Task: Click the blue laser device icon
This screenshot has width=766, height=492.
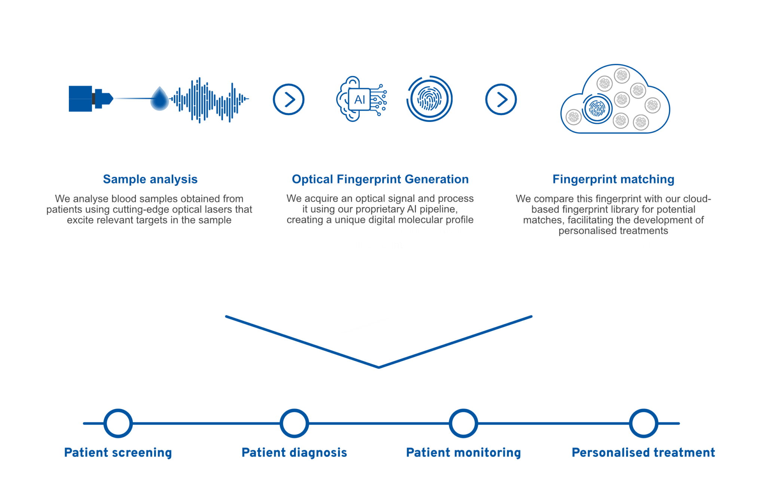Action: pyautogui.click(x=91, y=99)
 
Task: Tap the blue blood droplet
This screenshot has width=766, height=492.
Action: pyautogui.click(x=160, y=99)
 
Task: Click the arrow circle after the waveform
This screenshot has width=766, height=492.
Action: pyautogui.click(x=288, y=99)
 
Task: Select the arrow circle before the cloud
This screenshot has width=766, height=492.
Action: pyautogui.click(x=501, y=99)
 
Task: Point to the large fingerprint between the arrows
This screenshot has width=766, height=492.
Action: pyautogui.click(x=429, y=99)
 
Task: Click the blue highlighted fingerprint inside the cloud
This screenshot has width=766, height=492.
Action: pyautogui.click(x=597, y=109)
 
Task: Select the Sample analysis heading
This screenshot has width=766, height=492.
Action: pyautogui.click(x=150, y=179)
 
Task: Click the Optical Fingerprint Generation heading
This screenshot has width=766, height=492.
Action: pyautogui.click(x=380, y=179)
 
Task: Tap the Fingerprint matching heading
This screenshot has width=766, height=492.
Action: pyautogui.click(x=613, y=179)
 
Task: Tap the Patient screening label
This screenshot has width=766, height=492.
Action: pyautogui.click(x=118, y=453)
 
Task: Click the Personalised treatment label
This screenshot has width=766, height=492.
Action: pyautogui.click(x=643, y=452)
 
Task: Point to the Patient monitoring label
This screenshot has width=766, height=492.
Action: pyautogui.click(x=463, y=453)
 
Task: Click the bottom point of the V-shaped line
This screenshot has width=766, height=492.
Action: pyautogui.click(x=379, y=367)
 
